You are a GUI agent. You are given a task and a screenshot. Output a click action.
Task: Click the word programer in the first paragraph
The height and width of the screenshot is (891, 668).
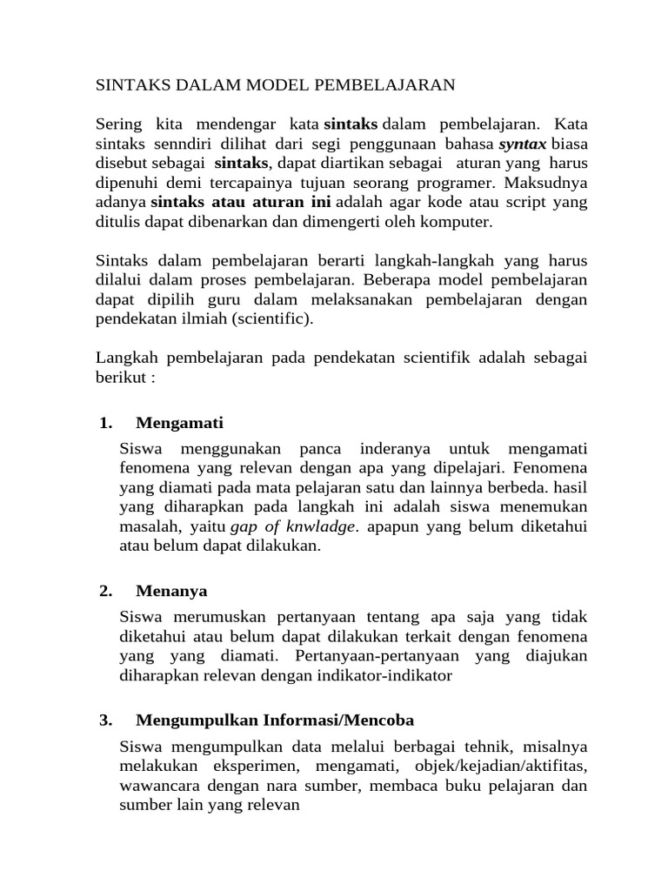(440, 183)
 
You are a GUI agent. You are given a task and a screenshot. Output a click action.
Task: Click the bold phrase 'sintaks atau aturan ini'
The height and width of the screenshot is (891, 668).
(240, 203)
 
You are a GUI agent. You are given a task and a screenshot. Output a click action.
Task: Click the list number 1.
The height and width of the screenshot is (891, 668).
(106, 424)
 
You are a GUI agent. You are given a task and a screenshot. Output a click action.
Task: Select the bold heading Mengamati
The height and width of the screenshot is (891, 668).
(180, 424)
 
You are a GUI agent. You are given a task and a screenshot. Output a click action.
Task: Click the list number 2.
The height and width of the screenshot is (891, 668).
(106, 592)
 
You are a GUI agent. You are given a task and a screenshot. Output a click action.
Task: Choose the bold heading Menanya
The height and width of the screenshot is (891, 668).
(172, 592)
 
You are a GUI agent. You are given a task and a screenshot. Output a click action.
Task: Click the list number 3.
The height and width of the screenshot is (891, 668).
(106, 720)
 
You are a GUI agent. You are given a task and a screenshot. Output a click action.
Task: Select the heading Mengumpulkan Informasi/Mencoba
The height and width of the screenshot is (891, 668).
(275, 720)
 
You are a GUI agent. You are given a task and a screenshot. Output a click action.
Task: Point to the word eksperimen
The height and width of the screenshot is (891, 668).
(255, 767)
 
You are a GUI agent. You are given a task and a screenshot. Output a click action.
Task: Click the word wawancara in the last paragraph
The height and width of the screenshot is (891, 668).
(153, 787)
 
